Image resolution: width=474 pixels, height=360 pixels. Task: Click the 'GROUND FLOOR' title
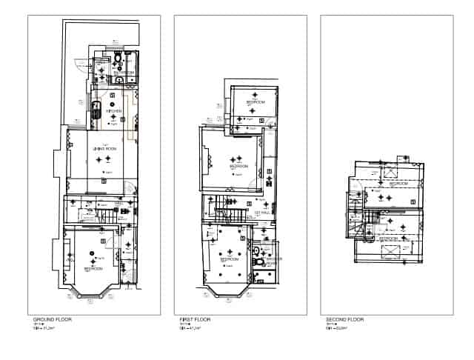pyautogui.click(x=53, y=319)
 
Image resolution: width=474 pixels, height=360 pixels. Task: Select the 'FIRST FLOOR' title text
pyautogui.click(x=196, y=319)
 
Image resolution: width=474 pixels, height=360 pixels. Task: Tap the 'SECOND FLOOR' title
pyautogui.click(x=344, y=319)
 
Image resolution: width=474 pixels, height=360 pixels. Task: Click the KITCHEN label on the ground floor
pyautogui.click(x=113, y=112)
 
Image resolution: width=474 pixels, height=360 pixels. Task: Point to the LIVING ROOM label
pyautogui.click(x=104, y=150)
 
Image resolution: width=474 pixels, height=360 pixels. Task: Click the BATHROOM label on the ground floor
pyautogui.click(x=124, y=73)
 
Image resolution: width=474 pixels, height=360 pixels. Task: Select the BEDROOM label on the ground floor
pyautogui.click(x=93, y=270)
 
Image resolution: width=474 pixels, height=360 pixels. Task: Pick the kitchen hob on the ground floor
pyautogui.click(x=96, y=111)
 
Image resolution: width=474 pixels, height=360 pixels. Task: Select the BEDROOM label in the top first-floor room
pyautogui.click(x=256, y=102)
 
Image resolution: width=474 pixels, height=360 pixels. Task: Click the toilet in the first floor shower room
pyautogui.click(x=258, y=260)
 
